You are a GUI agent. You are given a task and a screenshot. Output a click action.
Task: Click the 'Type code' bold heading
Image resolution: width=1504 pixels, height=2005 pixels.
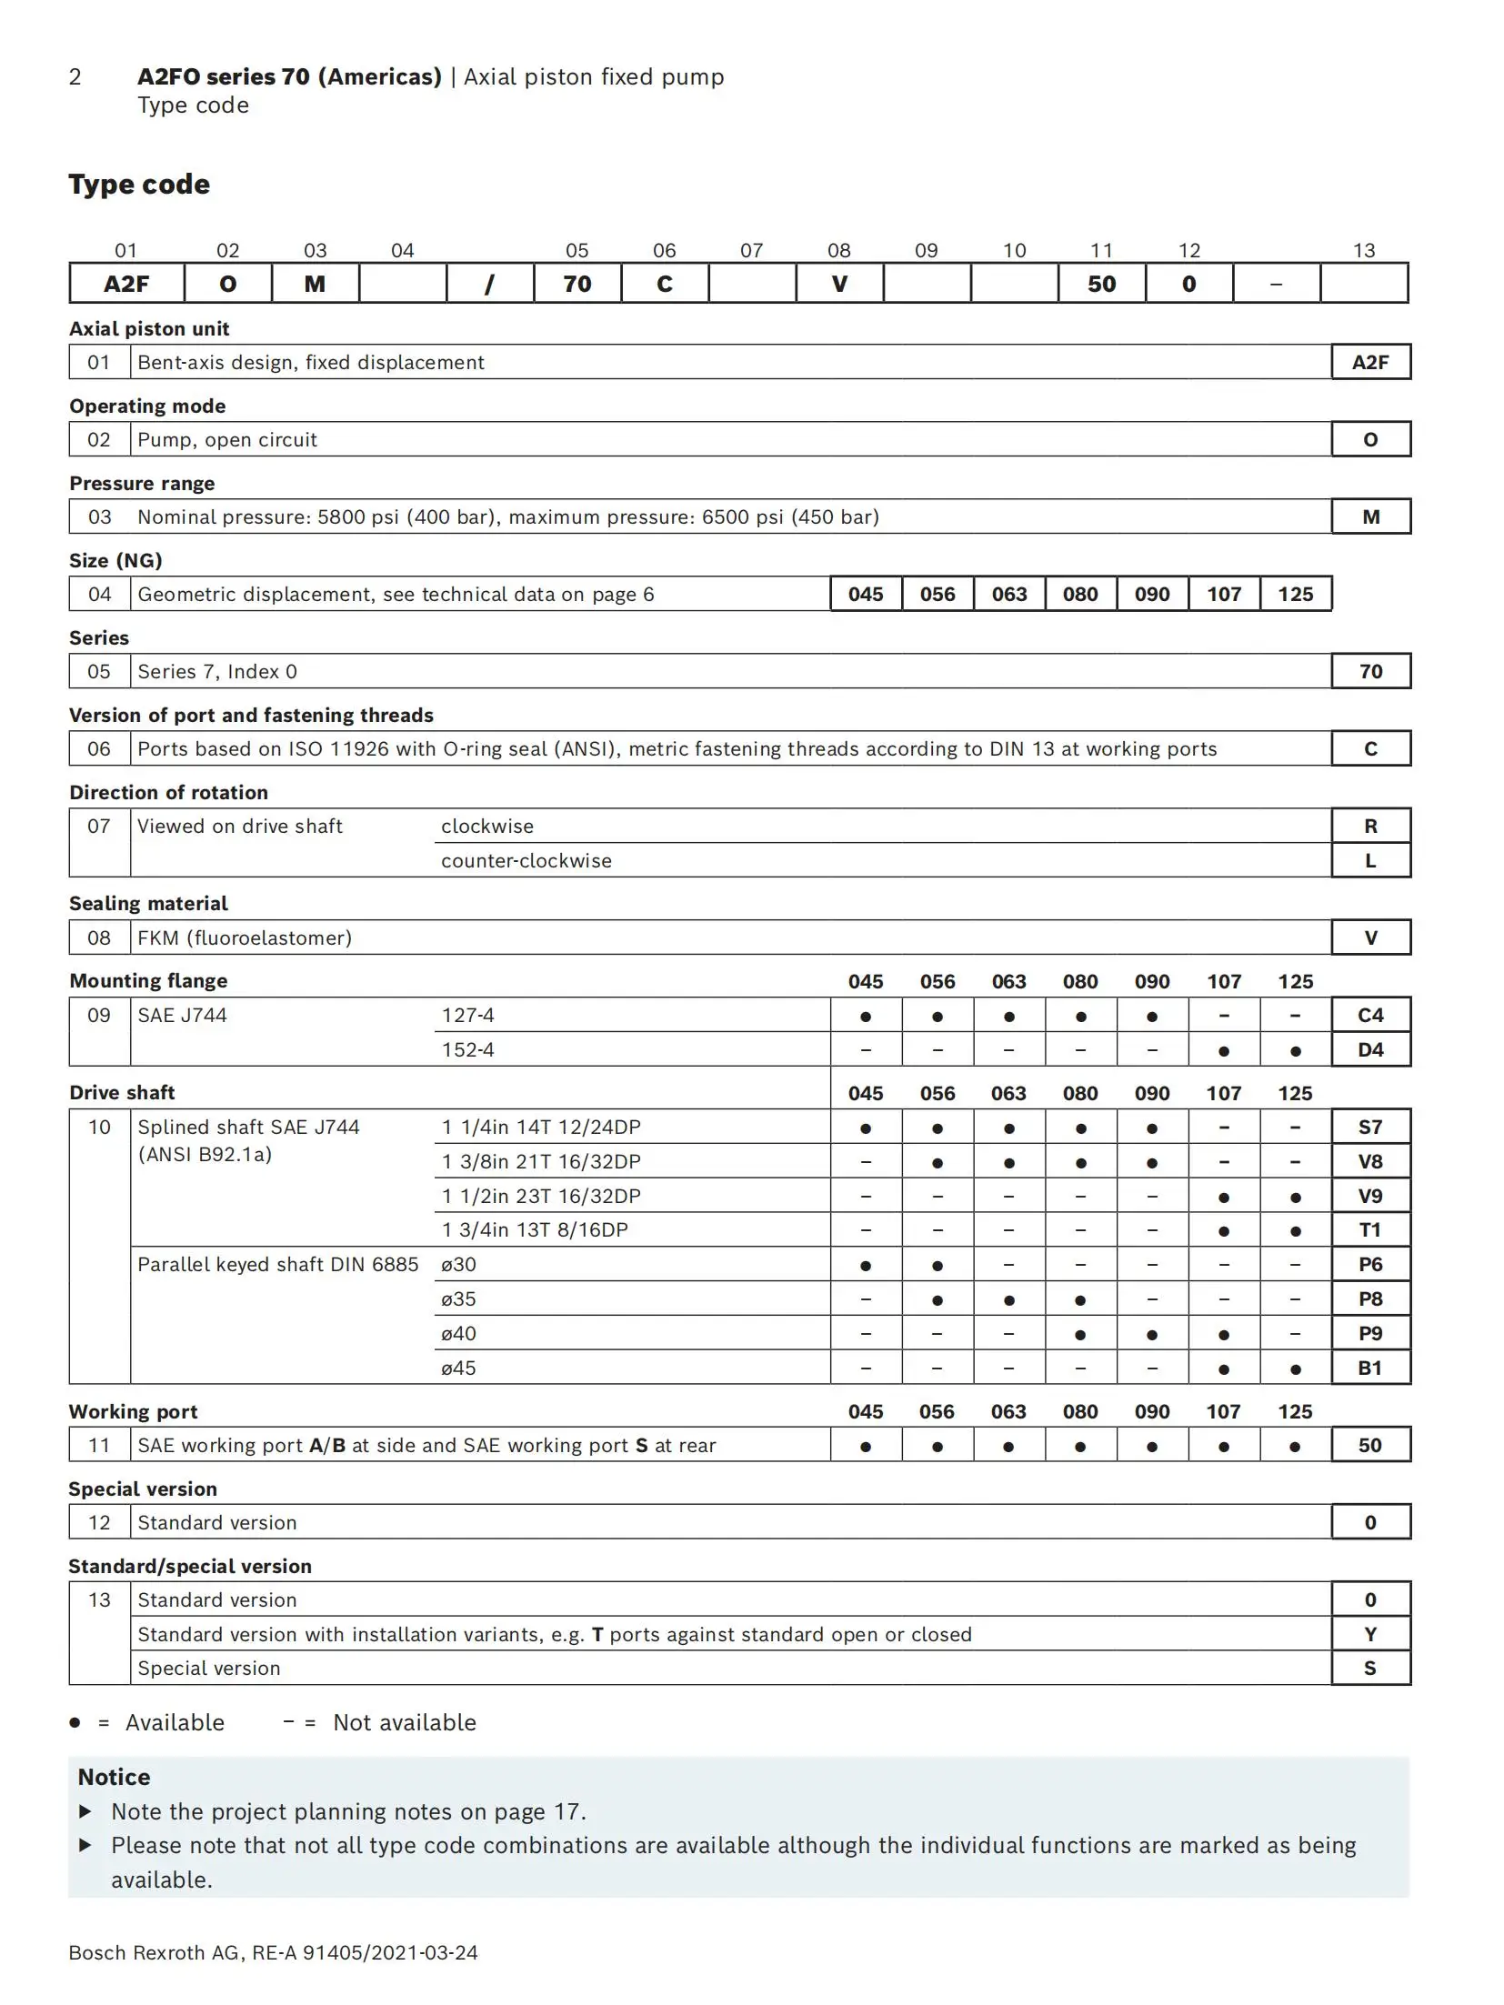click(139, 185)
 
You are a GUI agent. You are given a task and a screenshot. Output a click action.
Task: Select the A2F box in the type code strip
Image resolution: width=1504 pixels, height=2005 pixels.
click(126, 284)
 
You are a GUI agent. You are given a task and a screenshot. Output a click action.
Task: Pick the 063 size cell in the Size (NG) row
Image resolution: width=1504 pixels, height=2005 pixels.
click(1008, 594)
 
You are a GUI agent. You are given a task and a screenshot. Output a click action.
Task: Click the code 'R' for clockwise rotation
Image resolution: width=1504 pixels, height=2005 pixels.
click(1370, 826)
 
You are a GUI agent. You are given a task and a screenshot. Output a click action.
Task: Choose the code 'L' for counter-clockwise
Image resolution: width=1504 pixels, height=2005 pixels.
click(1370, 860)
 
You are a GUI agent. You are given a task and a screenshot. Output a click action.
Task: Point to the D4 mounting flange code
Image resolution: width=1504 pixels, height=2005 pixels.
click(1370, 1049)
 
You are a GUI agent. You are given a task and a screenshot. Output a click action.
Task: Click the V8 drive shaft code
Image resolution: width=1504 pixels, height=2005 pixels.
click(1370, 1161)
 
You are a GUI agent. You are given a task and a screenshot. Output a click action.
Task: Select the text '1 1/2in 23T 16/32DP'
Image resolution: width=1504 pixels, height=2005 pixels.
click(541, 1196)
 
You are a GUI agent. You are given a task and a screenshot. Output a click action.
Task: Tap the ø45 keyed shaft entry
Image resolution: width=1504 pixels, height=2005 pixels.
click(458, 1368)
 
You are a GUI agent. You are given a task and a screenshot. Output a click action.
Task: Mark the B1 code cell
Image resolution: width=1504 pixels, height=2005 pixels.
click(1370, 1368)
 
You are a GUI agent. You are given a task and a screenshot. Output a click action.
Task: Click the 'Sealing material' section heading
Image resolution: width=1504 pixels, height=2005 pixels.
click(148, 903)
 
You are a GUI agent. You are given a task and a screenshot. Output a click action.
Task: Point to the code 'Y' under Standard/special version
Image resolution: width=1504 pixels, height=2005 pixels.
click(1370, 1634)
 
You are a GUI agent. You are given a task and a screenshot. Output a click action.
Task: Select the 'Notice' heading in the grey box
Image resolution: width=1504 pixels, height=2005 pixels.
click(115, 1777)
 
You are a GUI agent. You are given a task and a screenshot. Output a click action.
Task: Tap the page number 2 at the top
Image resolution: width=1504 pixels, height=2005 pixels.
click(75, 77)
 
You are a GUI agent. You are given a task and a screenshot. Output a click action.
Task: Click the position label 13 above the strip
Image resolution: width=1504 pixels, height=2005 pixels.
click(1363, 250)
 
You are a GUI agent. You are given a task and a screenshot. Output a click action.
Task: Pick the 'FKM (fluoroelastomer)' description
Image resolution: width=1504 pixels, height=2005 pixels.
click(245, 937)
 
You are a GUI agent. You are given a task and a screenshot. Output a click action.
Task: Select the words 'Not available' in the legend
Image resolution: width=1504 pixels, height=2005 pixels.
click(405, 1722)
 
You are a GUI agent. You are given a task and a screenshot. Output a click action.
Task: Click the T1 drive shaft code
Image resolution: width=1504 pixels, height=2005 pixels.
click(1370, 1229)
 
